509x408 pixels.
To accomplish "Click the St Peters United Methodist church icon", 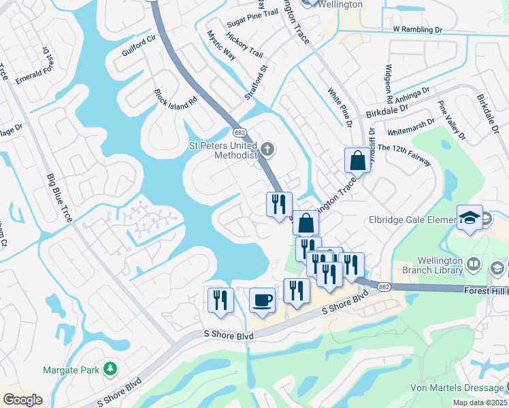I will pos(267,148).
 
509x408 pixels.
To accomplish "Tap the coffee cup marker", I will pos(262,300).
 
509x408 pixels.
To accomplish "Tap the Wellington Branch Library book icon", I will pos(474,263).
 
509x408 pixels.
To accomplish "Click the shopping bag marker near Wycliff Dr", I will pos(357,161).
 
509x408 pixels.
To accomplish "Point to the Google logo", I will pos(22,400).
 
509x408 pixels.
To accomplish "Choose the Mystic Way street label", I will pos(221,46).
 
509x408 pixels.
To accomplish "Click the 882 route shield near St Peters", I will pos(240,132).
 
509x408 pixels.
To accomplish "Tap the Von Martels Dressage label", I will pos(457,388).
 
